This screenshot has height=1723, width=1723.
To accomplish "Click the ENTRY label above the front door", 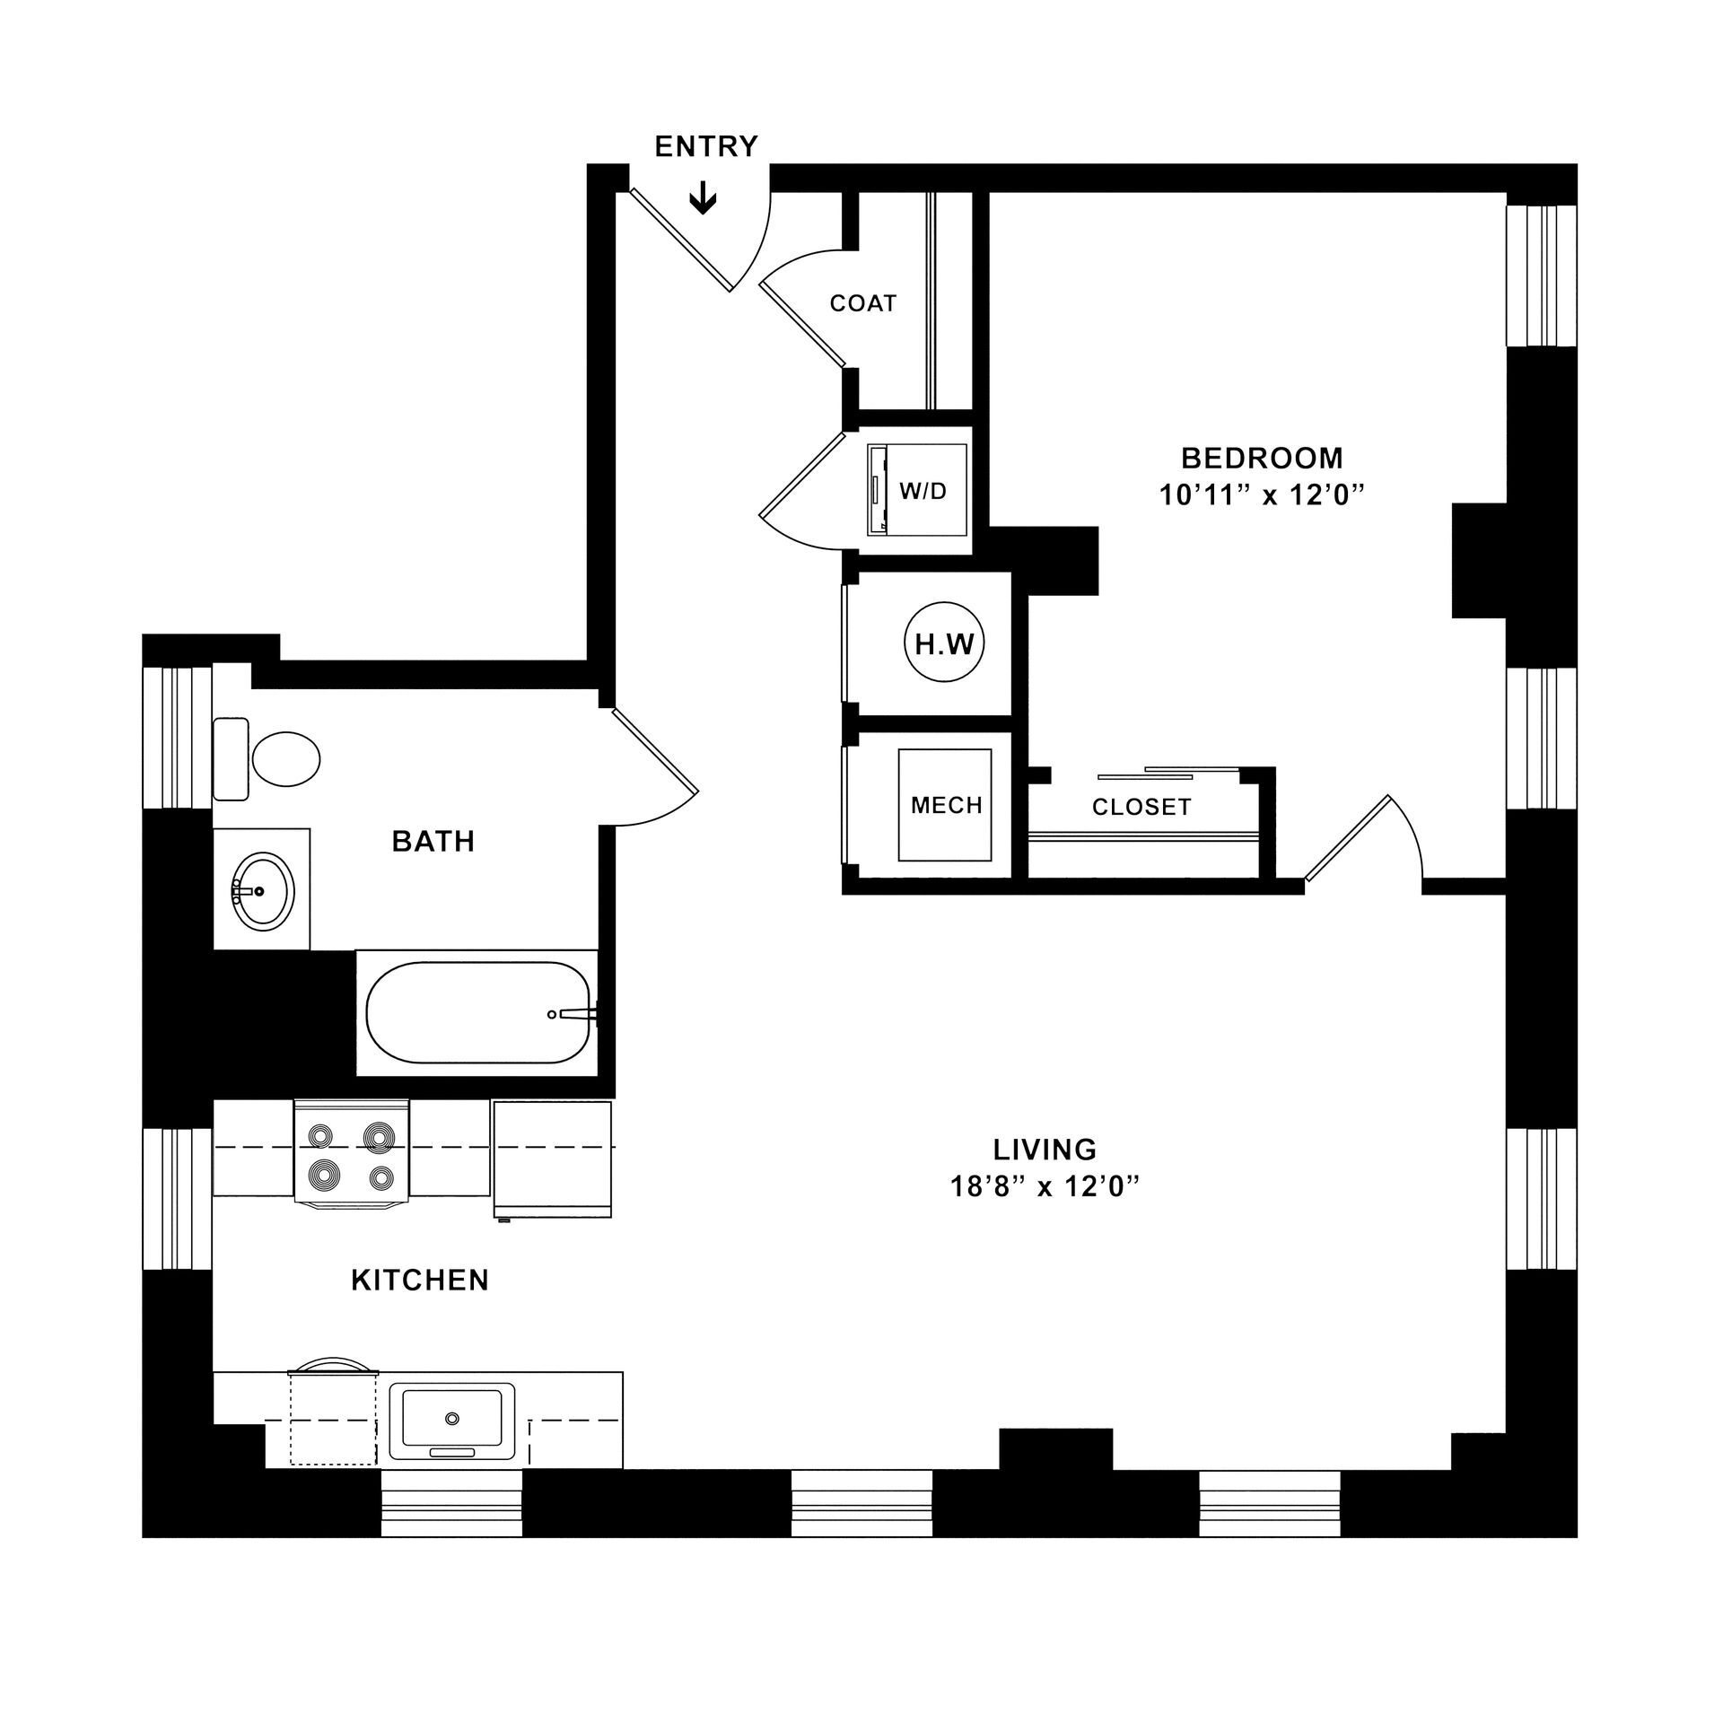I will [x=706, y=146].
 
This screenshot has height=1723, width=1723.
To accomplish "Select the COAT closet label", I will [x=863, y=303].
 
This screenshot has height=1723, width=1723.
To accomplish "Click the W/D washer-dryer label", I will [x=923, y=491].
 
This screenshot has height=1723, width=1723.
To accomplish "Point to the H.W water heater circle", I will [x=944, y=643].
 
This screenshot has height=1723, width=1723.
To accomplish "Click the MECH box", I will [x=946, y=805].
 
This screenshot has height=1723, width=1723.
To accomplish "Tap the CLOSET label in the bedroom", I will [x=1141, y=807].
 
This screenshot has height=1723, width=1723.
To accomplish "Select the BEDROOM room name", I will [x=1262, y=459].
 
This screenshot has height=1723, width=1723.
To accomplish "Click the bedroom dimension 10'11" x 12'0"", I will [x=1262, y=495].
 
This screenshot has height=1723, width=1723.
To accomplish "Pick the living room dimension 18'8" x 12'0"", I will [x=1045, y=1187].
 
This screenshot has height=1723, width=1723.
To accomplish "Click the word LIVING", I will [x=1045, y=1149].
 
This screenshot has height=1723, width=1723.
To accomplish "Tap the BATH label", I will [x=433, y=841].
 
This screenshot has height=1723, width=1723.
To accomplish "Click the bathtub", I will [x=477, y=1013].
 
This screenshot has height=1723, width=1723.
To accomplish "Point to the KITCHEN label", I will [x=420, y=1280].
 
